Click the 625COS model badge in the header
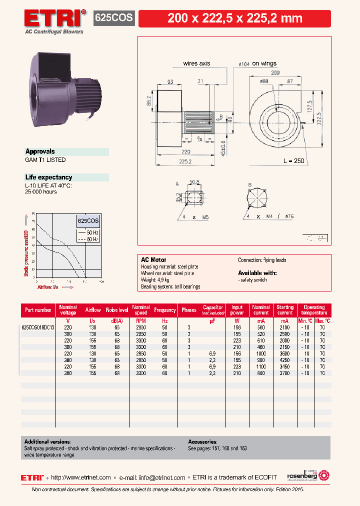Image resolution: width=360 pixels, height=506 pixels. tap(114, 18)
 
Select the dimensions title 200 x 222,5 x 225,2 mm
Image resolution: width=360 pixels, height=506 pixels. tap(234, 18)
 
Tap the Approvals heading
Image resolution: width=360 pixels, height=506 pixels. tap(40, 151)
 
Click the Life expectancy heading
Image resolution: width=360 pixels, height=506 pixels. tap(48, 177)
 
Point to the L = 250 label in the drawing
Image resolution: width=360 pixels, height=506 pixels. tap(293, 161)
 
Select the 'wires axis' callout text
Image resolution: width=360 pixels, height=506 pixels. tap(196, 63)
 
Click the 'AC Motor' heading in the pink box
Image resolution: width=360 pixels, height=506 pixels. tap(153, 260)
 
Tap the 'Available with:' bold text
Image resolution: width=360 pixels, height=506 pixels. tap(257, 273)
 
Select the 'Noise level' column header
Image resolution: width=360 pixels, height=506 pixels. tap(117, 310)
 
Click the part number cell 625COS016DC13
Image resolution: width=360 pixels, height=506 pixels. tap(38, 327)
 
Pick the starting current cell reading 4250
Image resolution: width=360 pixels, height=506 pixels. tap(284, 360)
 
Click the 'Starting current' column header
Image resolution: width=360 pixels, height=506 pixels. tap(285, 310)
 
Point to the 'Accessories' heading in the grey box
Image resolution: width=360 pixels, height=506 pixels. tap(202, 442)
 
